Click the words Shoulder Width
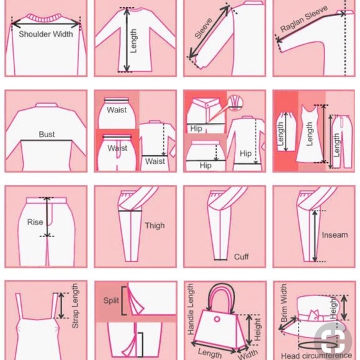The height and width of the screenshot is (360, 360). pyautogui.click(x=46, y=34)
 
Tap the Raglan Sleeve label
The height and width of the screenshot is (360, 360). pyautogui.click(x=304, y=19)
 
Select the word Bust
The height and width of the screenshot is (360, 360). pyautogui.click(x=47, y=134)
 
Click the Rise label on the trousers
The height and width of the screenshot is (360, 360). pyautogui.click(x=35, y=222)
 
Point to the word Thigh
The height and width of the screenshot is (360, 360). pyautogui.click(x=155, y=225)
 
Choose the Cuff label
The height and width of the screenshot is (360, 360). pyautogui.click(x=241, y=256)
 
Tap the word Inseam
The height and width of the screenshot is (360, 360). pyautogui.click(x=335, y=235)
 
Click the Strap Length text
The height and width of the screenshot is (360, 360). pyautogui.click(x=75, y=306)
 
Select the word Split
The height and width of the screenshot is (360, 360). pyautogui.click(x=111, y=300)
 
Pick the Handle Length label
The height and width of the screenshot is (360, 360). pyautogui.click(x=191, y=309)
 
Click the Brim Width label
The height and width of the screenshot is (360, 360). pyautogui.click(x=284, y=303)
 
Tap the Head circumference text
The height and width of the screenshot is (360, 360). pyautogui.click(x=316, y=356)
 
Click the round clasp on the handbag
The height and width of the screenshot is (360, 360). pyautogui.click(x=217, y=319)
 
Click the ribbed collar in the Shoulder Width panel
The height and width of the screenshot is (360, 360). pyautogui.click(x=44, y=17)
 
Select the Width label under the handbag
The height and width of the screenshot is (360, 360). pyautogui.click(x=248, y=354)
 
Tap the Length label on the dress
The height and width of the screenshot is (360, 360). pyautogui.click(x=309, y=134)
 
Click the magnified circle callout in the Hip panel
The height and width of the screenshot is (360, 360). pyautogui.click(x=235, y=102)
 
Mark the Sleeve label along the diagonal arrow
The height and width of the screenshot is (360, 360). pyautogui.click(x=203, y=29)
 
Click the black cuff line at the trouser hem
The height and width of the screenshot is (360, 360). pyautogui.click(x=220, y=259)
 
